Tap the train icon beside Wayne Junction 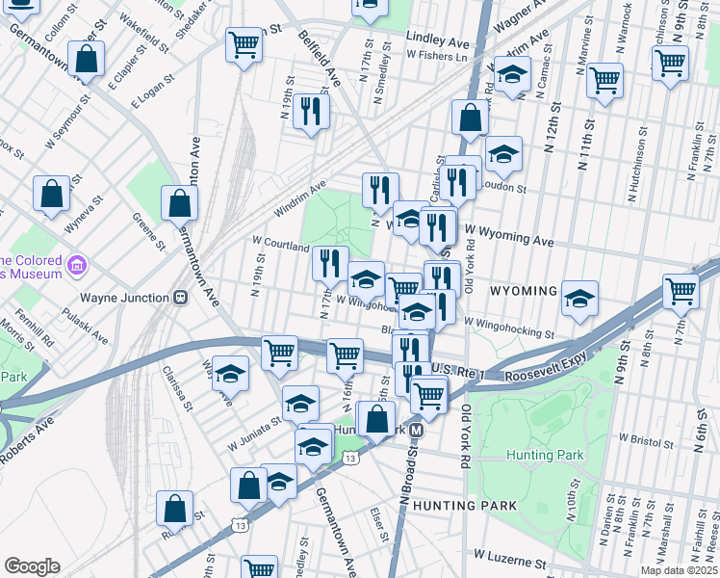pyautogui.click(x=180, y=298)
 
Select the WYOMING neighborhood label pyautogui.click(x=524, y=291)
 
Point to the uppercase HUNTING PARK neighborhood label pyautogui.click(x=465, y=505)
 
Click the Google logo pyautogui.click(x=32, y=566)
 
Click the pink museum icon pyautogui.click(x=78, y=263)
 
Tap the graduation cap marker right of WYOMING pyautogui.click(x=580, y=298)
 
